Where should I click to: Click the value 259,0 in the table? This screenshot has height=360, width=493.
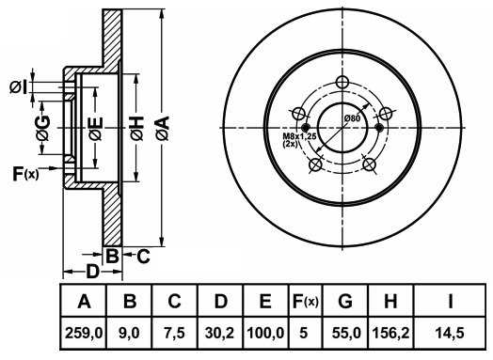[x=84, y=333]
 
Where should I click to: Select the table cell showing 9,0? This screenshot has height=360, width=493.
[x=130, y=333]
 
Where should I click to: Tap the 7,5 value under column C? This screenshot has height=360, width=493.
[x=174, y=333]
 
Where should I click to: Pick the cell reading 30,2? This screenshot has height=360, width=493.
[x=219, y=333]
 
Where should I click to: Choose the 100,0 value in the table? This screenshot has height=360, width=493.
[x=265, y=333]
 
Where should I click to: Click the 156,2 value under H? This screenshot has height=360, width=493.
[x=390, y=333]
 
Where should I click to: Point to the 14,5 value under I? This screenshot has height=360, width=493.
[x=450, y=333]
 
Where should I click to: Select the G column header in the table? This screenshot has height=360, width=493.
[x=345, y=301]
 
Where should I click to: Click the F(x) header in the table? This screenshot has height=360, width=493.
[x=305, y=302]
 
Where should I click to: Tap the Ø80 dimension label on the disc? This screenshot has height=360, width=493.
[x=352, y=118]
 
